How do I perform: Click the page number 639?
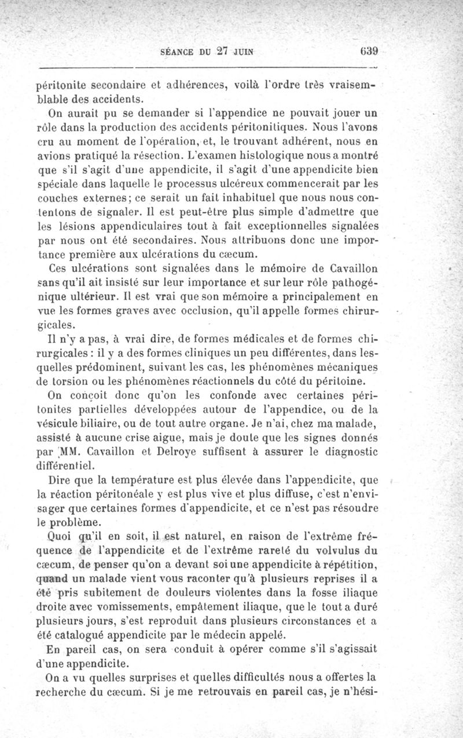click(x=368, y=50)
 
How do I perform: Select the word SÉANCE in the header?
click(x=172, y=51)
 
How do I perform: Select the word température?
click(x=131, y=481)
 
